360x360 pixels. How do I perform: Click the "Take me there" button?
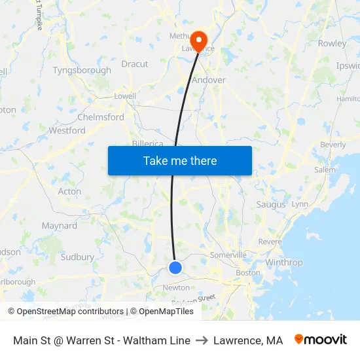coord(180,160)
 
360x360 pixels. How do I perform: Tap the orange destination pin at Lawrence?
coord(197,39)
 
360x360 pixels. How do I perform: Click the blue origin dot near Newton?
coord(175,267)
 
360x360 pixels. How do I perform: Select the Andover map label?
coord(209,80)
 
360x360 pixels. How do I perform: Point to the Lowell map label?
coord(125,96)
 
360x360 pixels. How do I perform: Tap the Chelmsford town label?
coord(101,117)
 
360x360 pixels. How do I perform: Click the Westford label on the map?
coord(67,130)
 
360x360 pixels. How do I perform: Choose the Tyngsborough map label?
coord(82,70)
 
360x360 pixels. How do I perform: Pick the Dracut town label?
coord(135,64)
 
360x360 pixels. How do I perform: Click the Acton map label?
coord(70,192)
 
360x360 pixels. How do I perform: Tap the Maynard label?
coord(60,226)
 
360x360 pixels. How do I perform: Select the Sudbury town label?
coord(77,257)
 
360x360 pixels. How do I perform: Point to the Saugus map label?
coord(271,205)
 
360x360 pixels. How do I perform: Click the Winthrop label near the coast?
coord(284,262)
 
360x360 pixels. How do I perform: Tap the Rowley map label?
coord(332,43)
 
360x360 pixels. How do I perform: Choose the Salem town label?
coord(324,170)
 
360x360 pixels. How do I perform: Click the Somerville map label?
coord(228,255)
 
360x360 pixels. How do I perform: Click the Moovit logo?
coord(320,340)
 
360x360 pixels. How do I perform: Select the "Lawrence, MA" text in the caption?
coord(248,340)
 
